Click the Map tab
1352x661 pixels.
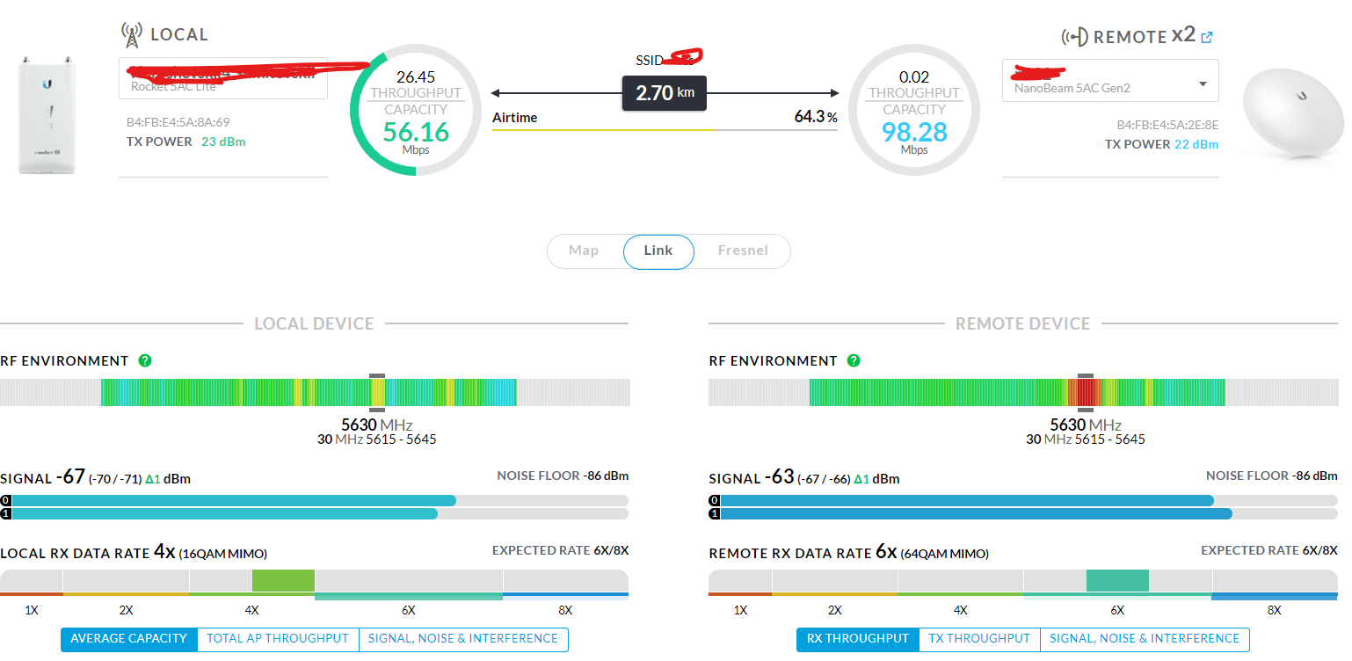pyautogui.click(x=584, y=251)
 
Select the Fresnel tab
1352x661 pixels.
pyautogui.click(x=743, y=251)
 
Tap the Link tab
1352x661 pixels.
pyautogui.click(x=658, y=251)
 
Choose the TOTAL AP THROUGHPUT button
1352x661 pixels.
pyautogui.click(x=278, y=639)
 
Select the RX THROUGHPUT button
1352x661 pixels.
pyautogui.click(x=858, y=639)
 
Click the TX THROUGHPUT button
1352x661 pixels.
pyautogui.click(x=979, y=639)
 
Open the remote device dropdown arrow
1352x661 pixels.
pyautogui.click(x=1203, y=84)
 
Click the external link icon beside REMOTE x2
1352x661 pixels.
pyautogui.click(x=1207, y=37)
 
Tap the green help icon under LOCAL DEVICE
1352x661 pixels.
pyautogui.click(x=145, y=360)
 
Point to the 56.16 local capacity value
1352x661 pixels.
pyautogui.click(x=416, y=133)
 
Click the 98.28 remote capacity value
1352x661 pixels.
pyautogui.click(x=914, y=133)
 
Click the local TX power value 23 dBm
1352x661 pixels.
pyautogui.click(x=223, y=142)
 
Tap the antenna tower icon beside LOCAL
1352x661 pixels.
pyautogui.click(x=131, y=35)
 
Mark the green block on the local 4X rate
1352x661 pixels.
pyautogui.click(x=283, y=580)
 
